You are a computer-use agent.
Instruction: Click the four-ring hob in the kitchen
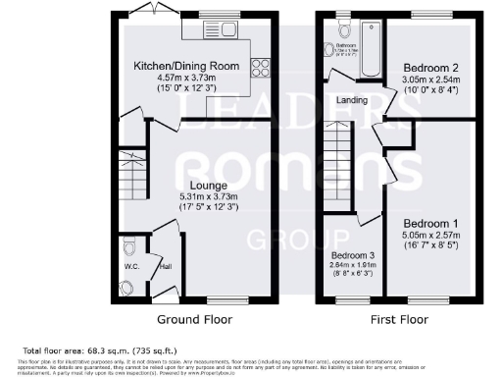tap(262, 68)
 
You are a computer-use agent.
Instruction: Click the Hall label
tap(167, 265)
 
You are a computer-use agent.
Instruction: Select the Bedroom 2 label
tap(430, 68)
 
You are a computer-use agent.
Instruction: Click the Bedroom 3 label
tap(353, 254)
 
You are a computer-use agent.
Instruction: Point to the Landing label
tap(352, 98)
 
